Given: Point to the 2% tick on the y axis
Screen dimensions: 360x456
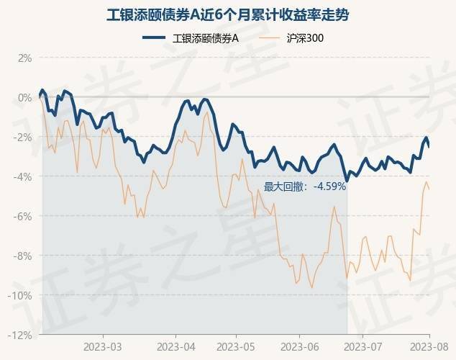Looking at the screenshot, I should click(x=24, y=58).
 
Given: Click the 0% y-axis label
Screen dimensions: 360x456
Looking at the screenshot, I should click(x=24, y=97).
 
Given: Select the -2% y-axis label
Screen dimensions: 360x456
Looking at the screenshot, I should click(x=23, y=137).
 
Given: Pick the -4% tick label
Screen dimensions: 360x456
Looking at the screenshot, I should click(x=23, y=176).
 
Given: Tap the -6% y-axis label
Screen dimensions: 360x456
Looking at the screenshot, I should click(x=23, y=216).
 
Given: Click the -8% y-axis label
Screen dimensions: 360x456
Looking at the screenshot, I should click(x=23, y=256).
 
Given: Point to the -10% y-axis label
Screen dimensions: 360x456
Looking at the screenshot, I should click(x=21, y=295).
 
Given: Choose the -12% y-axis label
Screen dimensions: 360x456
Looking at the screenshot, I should click(x=21, y=335).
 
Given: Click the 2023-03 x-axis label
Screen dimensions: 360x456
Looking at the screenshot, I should click(x=102, y=346).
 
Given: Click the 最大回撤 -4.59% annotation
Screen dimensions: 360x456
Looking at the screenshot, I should click(x=305, y=186).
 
